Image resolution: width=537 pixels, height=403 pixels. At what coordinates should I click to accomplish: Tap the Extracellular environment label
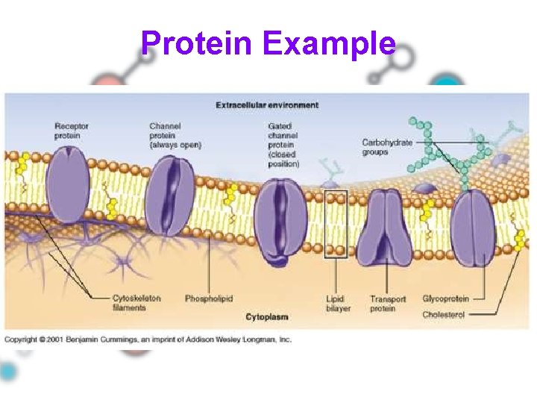(x=267, y=105)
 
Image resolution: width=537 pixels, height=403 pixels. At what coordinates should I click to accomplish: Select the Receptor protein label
(x=72, y=131)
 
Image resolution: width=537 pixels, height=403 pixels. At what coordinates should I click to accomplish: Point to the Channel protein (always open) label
(x=175, y=135)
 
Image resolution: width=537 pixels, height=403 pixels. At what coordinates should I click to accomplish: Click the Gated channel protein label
(x=283, y=145)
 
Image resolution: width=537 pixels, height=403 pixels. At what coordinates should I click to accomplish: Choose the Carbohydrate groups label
(x=386, y=147)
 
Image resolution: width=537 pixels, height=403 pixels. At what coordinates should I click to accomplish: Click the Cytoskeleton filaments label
(x=136, y=302)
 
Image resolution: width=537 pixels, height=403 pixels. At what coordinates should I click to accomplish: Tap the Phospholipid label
(x=209, y=299)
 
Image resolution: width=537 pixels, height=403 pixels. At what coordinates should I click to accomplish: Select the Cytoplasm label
(x=266, y=317)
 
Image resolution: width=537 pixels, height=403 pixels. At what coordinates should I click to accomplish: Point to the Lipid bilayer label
(x=336, y=303)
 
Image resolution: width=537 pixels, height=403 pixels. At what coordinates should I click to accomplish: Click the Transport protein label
(x=388, y=303)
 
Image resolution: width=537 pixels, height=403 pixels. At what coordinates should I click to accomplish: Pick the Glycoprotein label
(x=445, y=299)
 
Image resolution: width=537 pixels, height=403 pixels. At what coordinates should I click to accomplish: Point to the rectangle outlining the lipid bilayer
(x=336, y=224)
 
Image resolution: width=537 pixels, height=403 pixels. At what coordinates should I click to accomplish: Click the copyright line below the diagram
(x=148, y=340)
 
